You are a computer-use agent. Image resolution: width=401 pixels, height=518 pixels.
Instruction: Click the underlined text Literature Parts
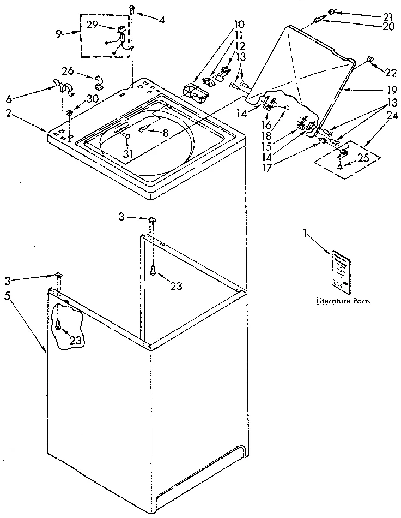pyautogui.click(x=344, y=301)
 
